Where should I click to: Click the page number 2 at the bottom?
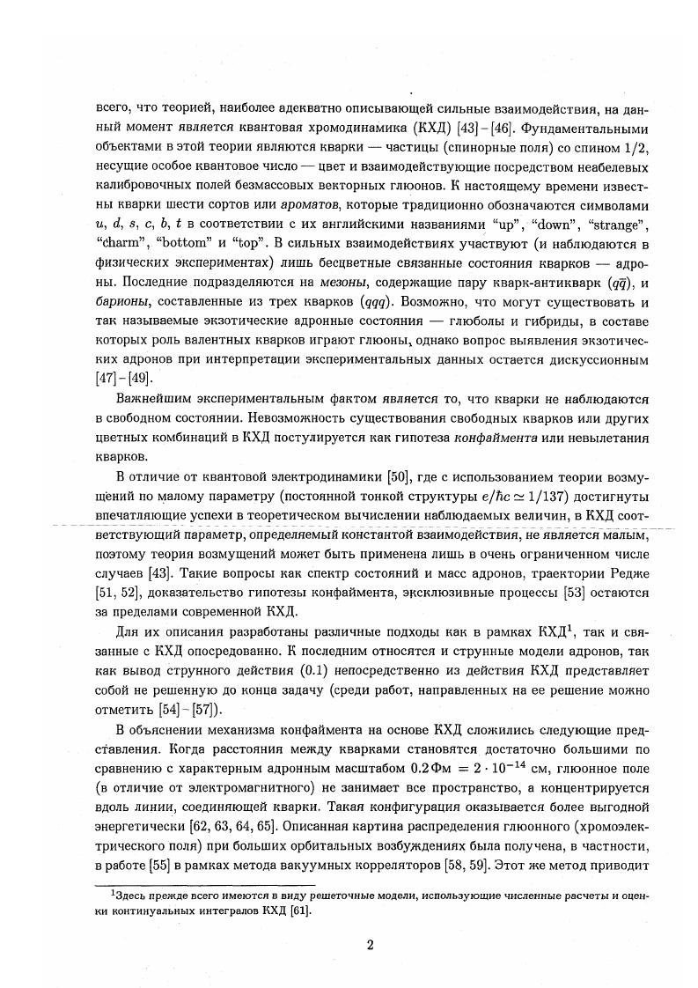pyautogui.click(x=371, y=946)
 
